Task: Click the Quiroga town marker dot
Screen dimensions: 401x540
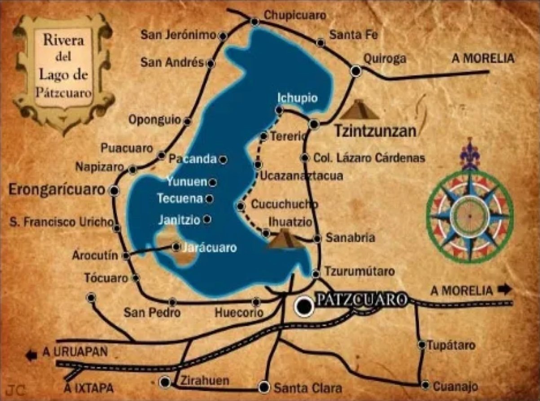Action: [x=356, y=71]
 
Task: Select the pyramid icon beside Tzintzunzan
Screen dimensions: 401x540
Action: [x=359, y=109]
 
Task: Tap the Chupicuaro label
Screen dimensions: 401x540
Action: [x=294, y=15]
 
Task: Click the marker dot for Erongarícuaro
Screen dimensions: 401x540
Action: [x=115, y=190]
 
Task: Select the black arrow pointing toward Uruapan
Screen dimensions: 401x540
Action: [x=31, y=356]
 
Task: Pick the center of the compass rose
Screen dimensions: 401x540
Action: [x=469, y=217]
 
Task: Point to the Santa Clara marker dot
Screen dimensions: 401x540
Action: [x=264, y=387]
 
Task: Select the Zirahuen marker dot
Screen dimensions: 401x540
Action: [x=166, y=381]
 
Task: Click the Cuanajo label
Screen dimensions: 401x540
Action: [x=455, y=386]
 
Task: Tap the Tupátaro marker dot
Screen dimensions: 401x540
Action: [x=421, y=344]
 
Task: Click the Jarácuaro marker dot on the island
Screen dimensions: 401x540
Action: [x=176, y=246]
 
